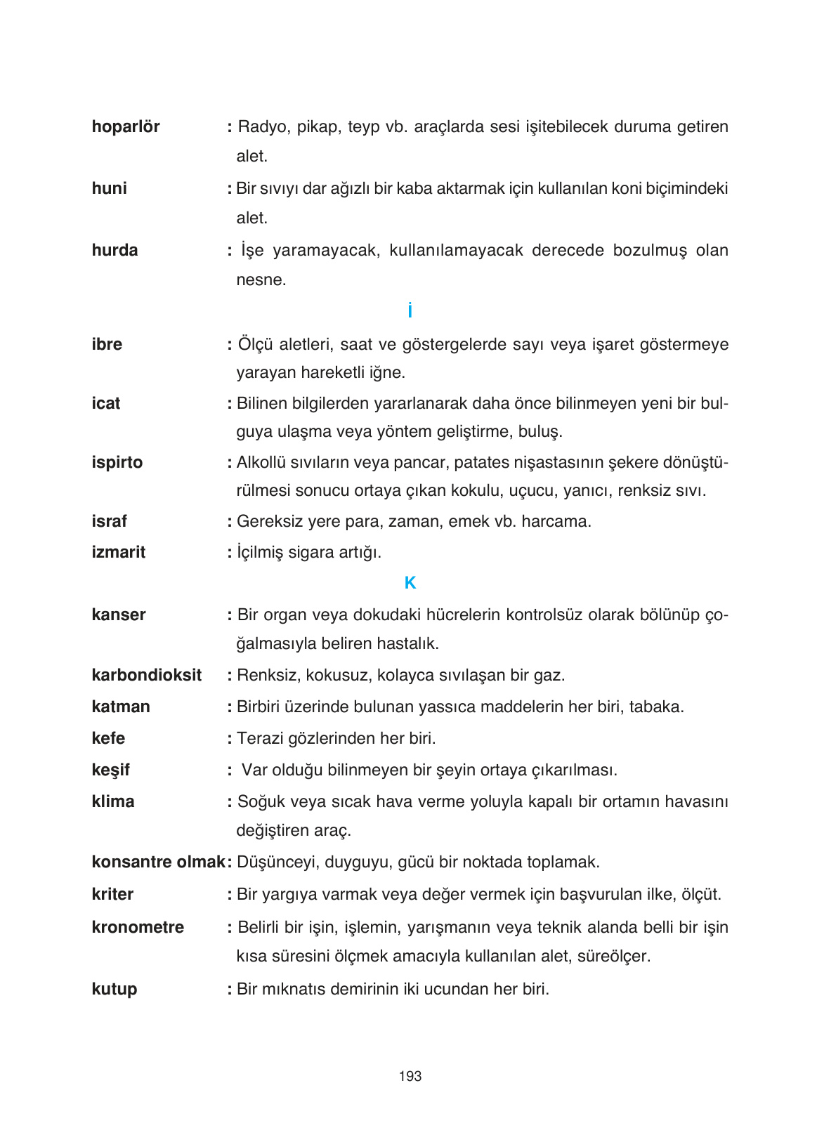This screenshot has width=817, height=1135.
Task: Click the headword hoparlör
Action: [125, 127]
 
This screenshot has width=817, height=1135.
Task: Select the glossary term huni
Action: [109, 188]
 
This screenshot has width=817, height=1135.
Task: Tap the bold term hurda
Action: [115, 250]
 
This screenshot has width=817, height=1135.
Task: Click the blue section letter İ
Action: [410, 310]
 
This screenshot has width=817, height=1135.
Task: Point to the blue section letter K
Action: [410, 583]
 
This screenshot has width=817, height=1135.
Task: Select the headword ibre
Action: [107, 344]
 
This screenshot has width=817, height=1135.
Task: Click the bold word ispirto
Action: [117, 462]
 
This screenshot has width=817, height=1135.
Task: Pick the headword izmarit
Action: [118, 552]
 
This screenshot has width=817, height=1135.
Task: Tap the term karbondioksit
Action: [146, 675]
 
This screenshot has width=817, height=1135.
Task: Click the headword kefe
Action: [108, 738]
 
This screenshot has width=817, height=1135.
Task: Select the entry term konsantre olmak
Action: [157, 862]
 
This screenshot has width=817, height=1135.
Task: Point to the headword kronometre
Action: [138, 927]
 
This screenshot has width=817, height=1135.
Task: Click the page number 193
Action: [410, 1076]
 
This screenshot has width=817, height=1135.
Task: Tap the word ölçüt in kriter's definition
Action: [701, 895]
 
